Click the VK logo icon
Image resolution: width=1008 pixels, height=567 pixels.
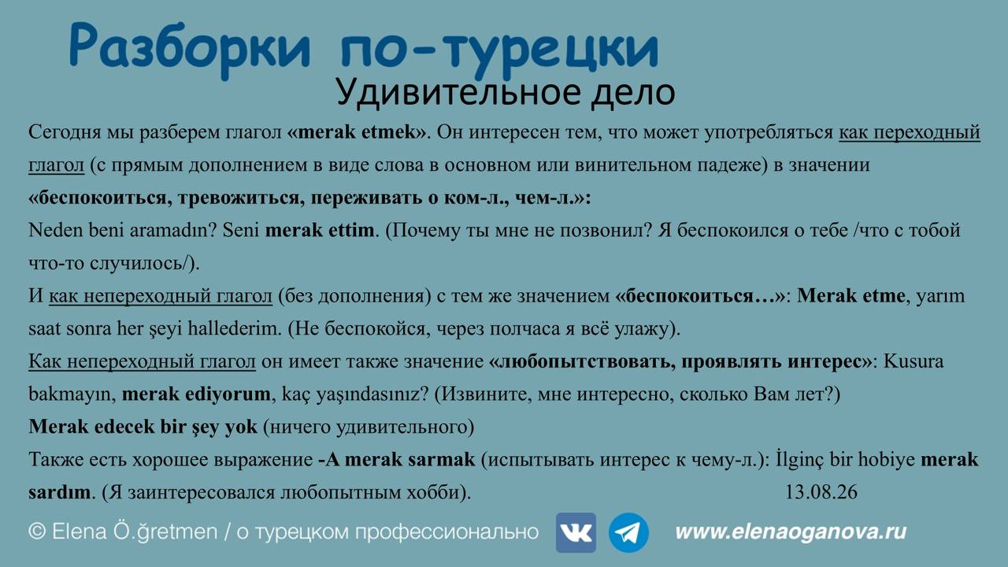576,532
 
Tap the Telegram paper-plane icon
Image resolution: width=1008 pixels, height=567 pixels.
628,532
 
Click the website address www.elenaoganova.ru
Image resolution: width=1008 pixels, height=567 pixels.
791,532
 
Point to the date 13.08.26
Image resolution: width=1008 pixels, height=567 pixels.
821,492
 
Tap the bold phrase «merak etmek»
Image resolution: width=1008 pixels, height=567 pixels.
357,132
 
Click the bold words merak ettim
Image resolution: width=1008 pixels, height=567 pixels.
320,230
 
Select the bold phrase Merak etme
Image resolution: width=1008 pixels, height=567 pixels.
851,295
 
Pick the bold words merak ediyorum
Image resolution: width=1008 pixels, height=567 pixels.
196,395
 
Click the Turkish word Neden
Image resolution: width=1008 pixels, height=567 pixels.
56,230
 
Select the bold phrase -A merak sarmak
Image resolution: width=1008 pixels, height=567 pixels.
396,459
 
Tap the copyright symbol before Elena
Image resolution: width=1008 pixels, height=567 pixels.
37,532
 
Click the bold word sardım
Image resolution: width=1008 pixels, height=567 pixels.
60,492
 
